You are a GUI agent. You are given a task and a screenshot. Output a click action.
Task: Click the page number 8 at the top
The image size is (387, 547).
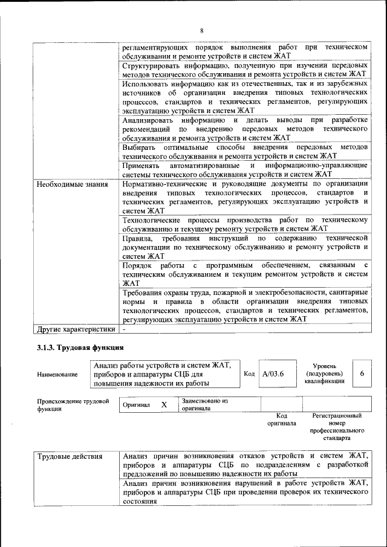tap(202, 30)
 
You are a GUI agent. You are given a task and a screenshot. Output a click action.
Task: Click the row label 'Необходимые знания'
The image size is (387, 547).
tap(73, 184)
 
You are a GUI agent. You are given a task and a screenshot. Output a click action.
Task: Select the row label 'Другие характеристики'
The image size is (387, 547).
tap(76, 329)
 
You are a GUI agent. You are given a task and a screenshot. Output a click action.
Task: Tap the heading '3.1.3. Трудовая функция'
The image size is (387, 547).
tap(80, 348)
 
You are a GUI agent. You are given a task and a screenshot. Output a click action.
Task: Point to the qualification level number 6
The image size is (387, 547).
tap(362, 374)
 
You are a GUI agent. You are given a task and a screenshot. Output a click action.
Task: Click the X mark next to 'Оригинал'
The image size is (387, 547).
tap(164, 404)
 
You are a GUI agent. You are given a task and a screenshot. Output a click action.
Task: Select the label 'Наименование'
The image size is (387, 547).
tap(57, 375)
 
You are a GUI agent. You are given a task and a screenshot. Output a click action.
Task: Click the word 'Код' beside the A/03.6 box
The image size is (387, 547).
tap(249, 374)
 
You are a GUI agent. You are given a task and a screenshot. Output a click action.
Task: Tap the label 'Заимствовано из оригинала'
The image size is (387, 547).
tap(204, 404)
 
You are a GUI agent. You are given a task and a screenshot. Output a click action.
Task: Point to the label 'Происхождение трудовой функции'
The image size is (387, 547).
tap(73, 404)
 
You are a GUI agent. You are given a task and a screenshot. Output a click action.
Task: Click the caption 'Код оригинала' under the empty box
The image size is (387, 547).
tap(281, 419)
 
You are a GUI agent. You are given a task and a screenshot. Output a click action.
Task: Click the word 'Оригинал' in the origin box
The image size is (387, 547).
tap(136, 404)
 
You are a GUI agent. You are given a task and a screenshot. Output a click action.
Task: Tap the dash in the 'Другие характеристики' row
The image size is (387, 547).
tap(124, 329)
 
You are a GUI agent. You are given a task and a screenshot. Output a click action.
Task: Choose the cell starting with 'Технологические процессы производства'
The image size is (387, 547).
tap(245, 224)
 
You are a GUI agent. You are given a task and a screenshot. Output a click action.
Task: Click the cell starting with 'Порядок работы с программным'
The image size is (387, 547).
tap(245, 274)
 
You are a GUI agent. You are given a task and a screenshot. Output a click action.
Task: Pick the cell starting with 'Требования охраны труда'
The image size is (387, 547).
tap(245, 306)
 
